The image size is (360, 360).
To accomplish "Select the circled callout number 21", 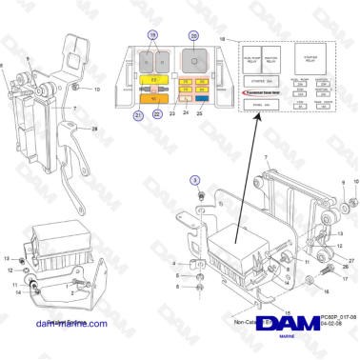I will point(139,115).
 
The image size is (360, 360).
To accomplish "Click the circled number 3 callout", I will point(195,179).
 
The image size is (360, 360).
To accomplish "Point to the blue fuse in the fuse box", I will point(203,96).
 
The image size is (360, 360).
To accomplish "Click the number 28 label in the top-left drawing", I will point(94,129).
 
